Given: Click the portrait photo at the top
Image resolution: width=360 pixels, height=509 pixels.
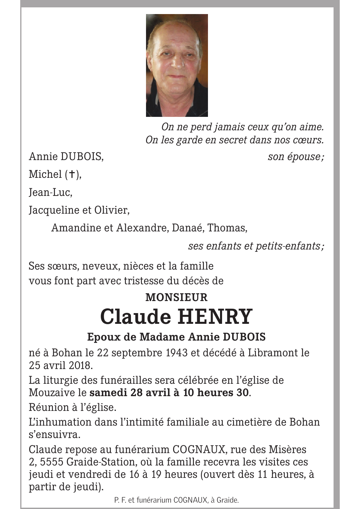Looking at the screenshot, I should (177, 65).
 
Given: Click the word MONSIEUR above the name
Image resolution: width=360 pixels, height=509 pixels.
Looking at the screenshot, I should (176, 297).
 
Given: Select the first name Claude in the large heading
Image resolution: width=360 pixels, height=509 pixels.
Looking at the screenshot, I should (136, 316).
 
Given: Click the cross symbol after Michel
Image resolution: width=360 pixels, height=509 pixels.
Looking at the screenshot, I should (71, 174).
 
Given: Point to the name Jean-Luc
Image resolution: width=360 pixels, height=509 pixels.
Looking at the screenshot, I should (50, 192).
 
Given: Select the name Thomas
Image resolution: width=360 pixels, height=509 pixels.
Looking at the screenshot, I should (227, 228).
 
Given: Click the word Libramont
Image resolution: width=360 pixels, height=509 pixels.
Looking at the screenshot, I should (272, 353).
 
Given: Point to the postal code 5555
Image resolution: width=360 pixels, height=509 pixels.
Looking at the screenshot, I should (52, 462).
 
